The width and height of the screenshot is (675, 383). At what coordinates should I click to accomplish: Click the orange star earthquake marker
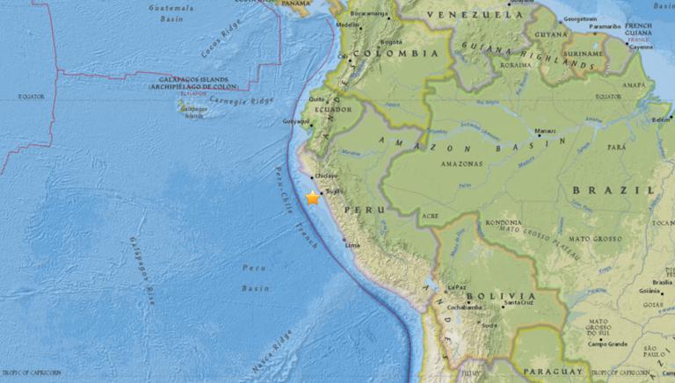pyautogui.click(x=312, y=199)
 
